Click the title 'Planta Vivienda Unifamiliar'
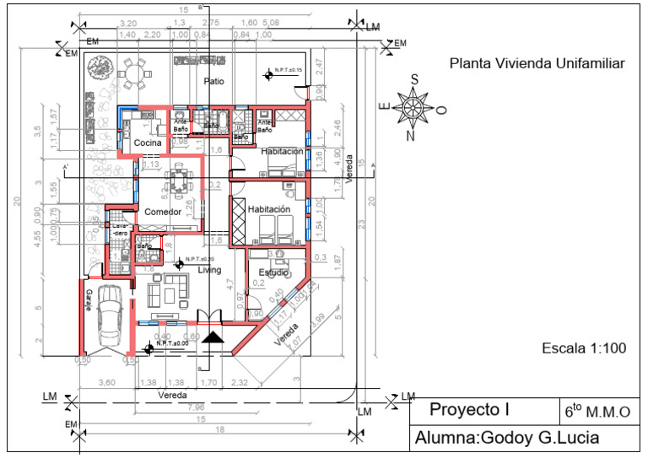tap(537, 62)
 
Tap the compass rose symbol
tap(413, 107)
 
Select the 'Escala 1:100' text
tap(584, 348)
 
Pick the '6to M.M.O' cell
tap(597, 412)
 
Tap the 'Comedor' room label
tap(162, 212)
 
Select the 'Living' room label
tap(209, 270)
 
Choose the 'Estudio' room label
tap(273, 272)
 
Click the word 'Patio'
tap(213, 81)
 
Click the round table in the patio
tap(133, 74)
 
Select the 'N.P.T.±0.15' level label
tap(289, 69)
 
